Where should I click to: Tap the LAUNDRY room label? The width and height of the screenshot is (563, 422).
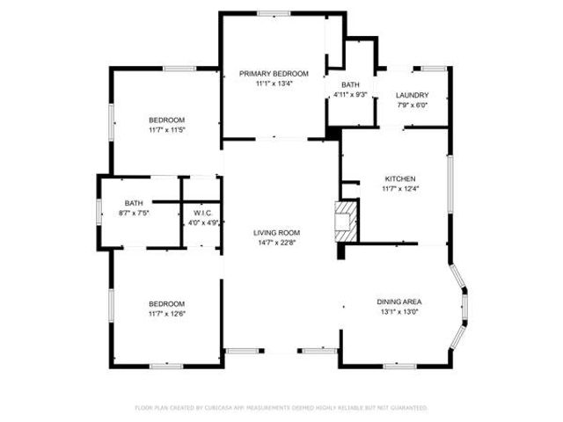click(412, 95)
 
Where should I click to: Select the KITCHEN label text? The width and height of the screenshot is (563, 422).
click(399, 178)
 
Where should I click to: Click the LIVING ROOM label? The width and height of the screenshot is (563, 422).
click(276, 232)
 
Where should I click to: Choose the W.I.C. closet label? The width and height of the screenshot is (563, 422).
click(202, 213)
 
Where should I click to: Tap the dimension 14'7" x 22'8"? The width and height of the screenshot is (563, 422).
click(276, 243)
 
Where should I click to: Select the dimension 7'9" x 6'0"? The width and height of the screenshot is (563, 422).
click(412, 105)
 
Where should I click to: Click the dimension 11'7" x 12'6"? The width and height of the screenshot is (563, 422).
click(166, 314)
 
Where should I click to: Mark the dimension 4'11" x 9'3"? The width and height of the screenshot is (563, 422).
click(350, 95)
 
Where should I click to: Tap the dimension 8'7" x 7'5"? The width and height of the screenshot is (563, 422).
click(134, 213)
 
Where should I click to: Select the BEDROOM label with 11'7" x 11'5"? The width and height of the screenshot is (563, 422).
click(166, 120)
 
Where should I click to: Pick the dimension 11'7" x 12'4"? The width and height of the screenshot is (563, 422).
click(399, 189)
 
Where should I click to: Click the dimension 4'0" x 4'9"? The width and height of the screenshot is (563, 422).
click(202, 222)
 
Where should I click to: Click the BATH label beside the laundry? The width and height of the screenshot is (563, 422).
click(350, 85)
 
